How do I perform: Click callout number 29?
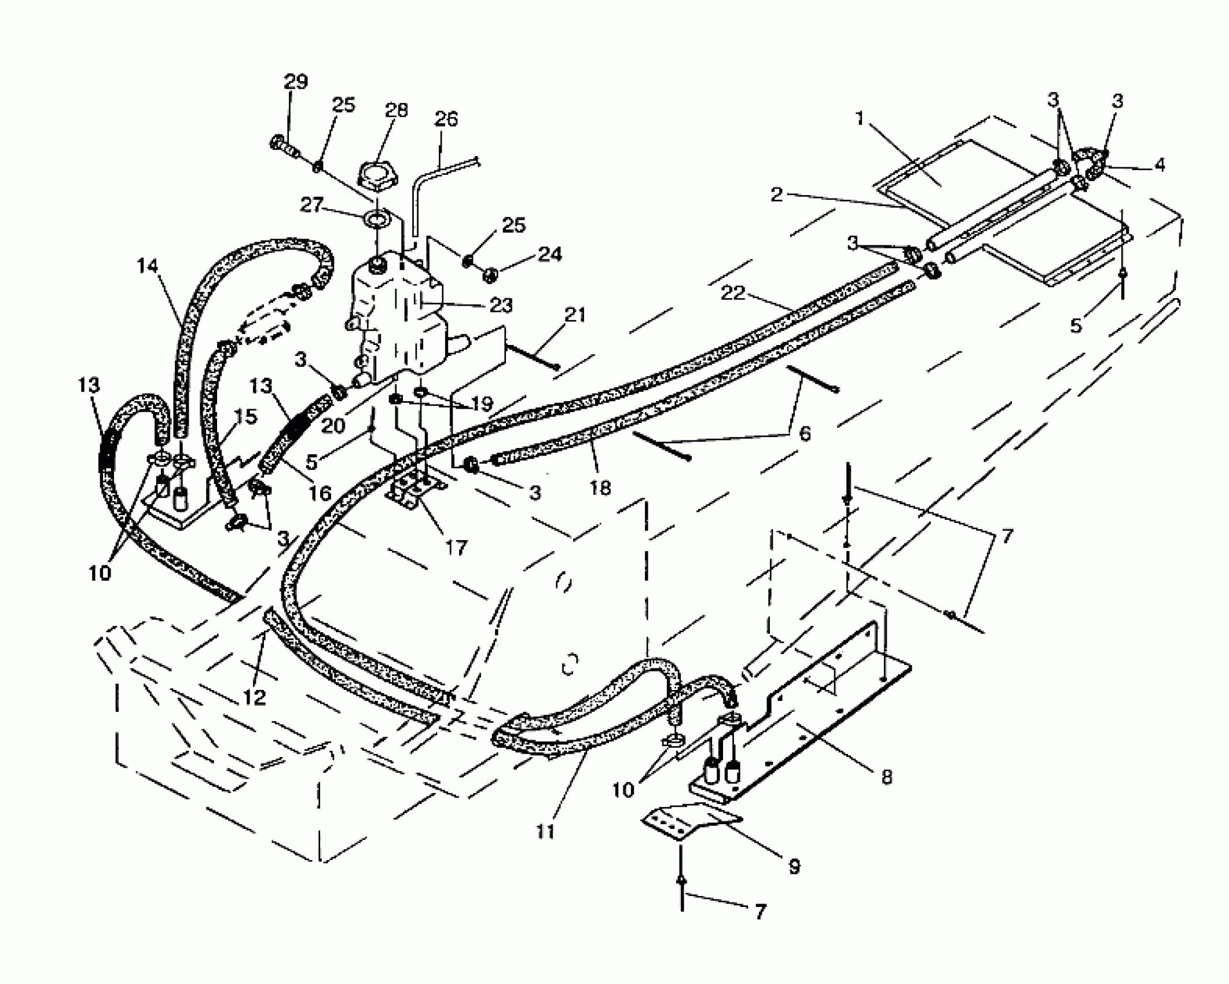(x=295, y=82)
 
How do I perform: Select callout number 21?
(x=575, y=315)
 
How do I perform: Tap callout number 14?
(x=147, y=266)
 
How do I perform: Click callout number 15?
(x=245, y=417)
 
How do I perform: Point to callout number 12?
(x=254, y=697)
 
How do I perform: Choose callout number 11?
(x=545, y=832)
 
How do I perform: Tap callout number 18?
(x=600, y=489)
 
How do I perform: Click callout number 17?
(x=456, y=546)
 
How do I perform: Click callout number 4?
(x=1159, y=166)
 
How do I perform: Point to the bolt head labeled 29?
(x=278, y=142)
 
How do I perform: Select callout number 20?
(x=333, y=426)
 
